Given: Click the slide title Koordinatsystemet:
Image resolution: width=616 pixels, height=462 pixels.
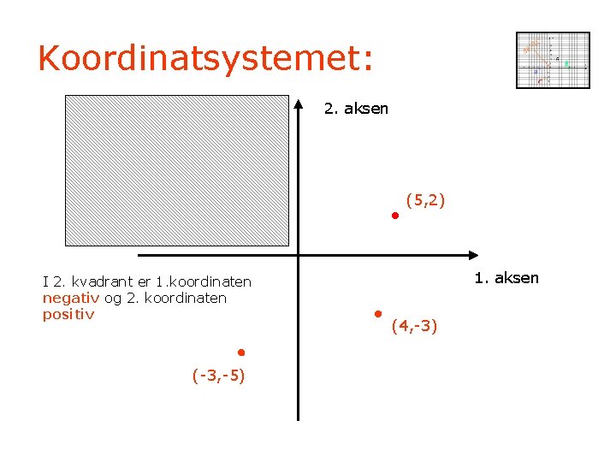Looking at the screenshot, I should [205, 58].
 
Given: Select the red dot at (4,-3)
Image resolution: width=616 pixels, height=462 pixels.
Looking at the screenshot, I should [377, 314].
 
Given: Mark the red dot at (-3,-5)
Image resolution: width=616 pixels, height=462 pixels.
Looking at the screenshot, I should [241, 352].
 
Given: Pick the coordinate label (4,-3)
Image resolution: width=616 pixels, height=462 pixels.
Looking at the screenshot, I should [415, 326].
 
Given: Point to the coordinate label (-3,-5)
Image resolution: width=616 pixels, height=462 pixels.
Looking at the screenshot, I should [219, 375].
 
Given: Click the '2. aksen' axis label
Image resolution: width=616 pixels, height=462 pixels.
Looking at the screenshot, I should [356, 109].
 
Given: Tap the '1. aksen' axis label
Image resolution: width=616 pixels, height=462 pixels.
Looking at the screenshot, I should [506, 277].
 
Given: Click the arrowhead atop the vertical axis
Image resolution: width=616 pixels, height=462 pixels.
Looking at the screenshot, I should [299, 105].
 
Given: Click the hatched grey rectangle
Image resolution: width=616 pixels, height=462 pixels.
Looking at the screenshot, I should [178, 170].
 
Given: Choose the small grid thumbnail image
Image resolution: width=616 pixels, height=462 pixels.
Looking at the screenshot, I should [553, 60].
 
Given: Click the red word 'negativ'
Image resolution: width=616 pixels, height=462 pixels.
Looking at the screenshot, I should [71, 298].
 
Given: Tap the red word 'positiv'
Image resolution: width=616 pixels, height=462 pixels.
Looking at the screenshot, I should [68, 314].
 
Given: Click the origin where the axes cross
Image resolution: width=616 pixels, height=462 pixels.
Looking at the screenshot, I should [299, 255].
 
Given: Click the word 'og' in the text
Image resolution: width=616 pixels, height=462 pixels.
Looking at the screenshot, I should [113, 298].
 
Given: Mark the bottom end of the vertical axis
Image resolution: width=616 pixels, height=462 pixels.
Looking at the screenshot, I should [299, 418].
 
